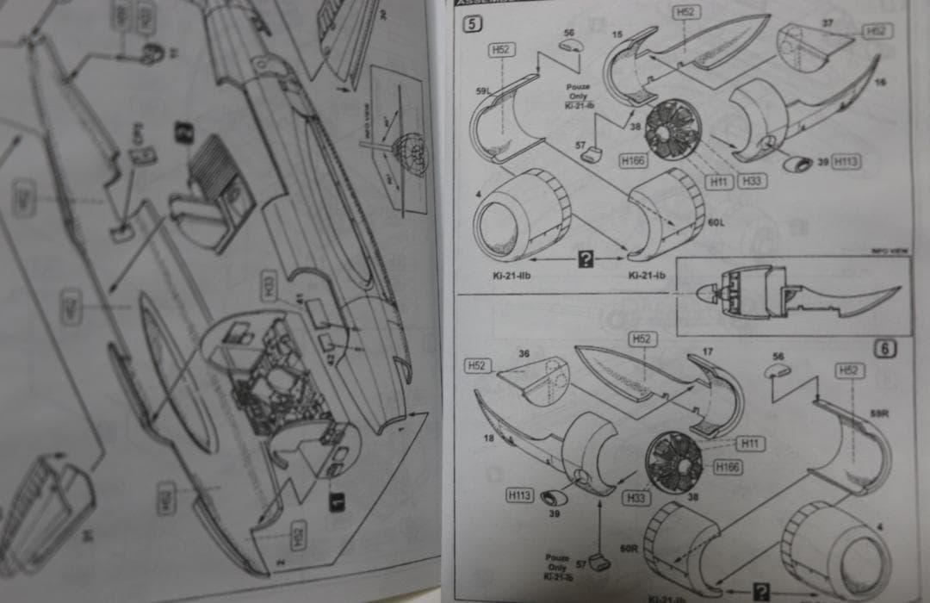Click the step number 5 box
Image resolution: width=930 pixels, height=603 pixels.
(473, 24)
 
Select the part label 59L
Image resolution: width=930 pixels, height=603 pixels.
(481, 90)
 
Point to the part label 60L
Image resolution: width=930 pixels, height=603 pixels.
(716, 222)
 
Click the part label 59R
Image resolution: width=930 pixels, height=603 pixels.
(879, 413)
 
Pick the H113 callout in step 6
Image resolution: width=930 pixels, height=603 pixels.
(519, 495)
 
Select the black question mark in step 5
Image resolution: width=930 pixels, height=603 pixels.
(586, 257)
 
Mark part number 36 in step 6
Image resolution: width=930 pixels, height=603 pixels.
(524, 352)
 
